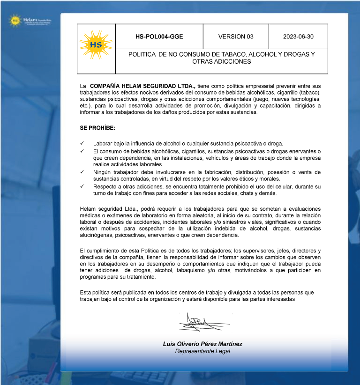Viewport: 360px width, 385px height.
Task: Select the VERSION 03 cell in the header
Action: coord(236,37)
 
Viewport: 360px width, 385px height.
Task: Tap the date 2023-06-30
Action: coord(298,37)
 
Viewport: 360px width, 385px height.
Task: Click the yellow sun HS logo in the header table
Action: coord(96,45)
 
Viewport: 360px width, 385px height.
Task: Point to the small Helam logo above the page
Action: coord(30,20)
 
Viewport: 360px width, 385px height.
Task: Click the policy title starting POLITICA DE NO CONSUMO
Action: coord(221,58)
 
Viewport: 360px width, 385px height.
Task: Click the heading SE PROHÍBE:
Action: coord(97,128)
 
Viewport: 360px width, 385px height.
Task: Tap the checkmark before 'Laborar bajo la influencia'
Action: coord(82,143)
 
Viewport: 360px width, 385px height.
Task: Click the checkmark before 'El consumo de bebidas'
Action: coord(82,151)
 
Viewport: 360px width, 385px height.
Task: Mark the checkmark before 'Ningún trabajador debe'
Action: coord(82,172)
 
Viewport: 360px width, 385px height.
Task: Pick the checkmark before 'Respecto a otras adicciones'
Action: coord(82,186)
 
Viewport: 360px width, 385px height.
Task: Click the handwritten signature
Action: coord(202,322)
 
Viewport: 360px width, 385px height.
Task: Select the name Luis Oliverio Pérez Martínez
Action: coord(202,344)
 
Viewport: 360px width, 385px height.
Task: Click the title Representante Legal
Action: coord(202,351)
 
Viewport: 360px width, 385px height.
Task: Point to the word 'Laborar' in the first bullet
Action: coord(103,143)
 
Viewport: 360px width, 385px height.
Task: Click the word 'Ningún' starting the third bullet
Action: coord(103,172)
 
